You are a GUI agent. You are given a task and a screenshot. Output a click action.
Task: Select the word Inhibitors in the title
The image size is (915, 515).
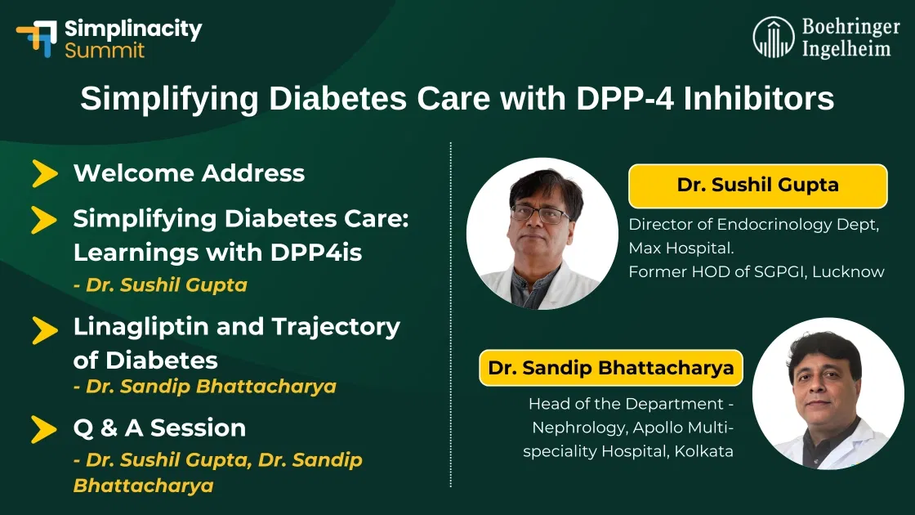point(759,100)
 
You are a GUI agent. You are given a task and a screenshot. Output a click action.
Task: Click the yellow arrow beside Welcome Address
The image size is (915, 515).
point(44,174)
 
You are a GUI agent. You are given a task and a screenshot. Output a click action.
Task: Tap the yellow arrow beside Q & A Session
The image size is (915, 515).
point(44,428)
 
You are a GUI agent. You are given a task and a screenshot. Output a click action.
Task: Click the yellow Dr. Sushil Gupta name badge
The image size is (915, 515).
point(757,186)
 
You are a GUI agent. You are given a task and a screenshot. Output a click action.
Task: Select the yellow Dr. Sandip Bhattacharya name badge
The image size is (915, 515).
point(611,368)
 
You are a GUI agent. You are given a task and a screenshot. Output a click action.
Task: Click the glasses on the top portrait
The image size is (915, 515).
point(540,214)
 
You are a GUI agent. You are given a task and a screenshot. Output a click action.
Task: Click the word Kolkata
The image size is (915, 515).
point(703,450)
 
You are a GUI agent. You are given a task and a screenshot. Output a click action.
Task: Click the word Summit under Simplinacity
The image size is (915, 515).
point(105,51)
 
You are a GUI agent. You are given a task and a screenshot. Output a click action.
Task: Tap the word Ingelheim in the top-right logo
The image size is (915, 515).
point(846,48)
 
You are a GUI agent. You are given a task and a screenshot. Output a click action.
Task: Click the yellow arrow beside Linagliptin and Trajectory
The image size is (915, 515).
point(44,329)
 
